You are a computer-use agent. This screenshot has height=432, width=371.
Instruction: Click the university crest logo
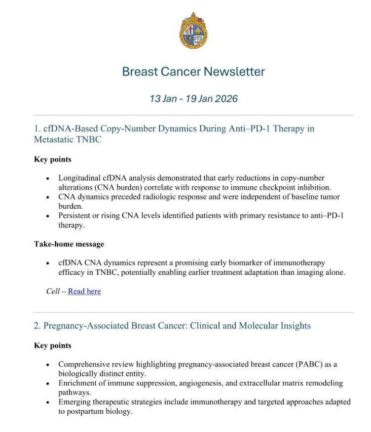click(x=193, y=31)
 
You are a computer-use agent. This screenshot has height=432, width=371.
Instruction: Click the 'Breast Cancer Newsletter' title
click(x=193, y=72)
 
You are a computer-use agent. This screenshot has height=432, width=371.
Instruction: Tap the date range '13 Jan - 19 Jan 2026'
click(x=193, y=99)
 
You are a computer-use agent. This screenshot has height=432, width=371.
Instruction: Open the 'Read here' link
click(x=84, y=291)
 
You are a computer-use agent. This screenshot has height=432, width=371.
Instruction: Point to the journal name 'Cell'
click(x=52, y=291)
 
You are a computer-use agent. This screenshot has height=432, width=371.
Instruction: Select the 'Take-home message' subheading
click(x=69, y=244)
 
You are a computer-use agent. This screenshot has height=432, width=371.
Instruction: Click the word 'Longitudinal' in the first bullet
click(x=81, y=178)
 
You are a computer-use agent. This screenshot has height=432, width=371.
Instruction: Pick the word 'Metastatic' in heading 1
click(x=54, y=139)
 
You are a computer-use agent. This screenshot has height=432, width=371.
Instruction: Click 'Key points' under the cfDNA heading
click(x=52, y=159)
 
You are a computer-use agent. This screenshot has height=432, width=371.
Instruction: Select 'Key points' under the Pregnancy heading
click(x=52, y=346)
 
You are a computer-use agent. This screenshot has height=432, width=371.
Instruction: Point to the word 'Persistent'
click(x=77, y=215)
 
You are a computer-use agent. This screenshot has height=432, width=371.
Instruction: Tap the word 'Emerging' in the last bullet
click(x=75, y=402)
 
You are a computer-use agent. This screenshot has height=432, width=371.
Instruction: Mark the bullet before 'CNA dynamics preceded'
click(x=47, y=197)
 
